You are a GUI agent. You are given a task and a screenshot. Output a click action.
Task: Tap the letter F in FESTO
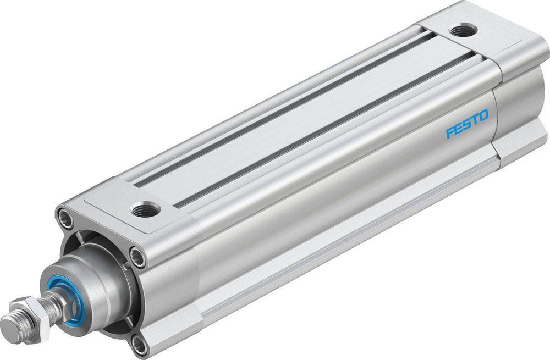coord(449,133)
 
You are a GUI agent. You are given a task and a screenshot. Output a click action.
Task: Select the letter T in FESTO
coord(475,121)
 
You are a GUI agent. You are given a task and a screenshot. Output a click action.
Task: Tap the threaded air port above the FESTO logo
coord(463,30)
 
